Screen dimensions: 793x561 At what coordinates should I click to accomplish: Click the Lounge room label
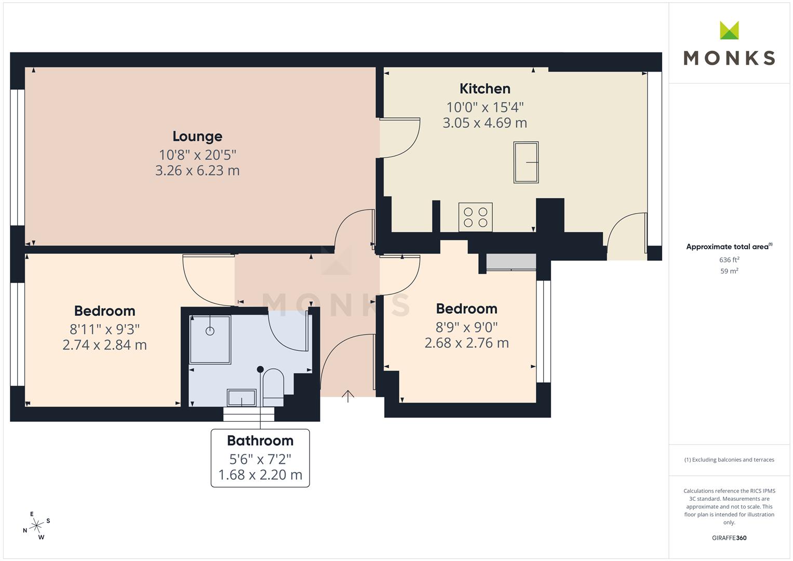point(197,137)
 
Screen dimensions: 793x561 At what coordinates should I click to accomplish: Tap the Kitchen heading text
point(485,88)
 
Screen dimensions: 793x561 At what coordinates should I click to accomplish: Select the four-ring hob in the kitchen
point(476,217)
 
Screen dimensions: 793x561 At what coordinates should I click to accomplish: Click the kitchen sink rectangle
point(526,162)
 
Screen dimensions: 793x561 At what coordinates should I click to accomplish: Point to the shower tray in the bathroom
point(210,340)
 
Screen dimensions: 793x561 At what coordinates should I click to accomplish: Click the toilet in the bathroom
point(273,388)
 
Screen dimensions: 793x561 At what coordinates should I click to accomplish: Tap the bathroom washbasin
point(241,398)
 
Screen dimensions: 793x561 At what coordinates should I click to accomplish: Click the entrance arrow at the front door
point(348,396)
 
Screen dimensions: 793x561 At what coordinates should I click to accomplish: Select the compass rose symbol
point(36,526)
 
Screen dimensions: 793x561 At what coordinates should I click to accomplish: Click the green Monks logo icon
point(729,31)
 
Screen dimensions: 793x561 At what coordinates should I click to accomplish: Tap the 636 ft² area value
point(729,260)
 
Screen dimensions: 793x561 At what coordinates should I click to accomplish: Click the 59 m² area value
point(729,271)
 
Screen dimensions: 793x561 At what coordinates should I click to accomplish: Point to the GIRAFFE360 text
point(729,538)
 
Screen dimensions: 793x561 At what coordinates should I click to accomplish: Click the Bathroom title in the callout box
point(260,440)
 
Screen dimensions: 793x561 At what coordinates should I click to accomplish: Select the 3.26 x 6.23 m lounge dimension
point(197,171)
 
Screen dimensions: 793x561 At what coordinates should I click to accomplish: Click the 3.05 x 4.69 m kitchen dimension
point(485,123)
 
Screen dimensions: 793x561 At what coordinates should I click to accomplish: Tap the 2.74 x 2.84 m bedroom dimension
point(105,345)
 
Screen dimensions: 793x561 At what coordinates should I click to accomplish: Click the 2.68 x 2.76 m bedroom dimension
point(466,343)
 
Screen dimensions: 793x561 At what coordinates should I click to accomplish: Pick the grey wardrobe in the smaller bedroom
point(511,262)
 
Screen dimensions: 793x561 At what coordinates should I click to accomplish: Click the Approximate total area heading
point(729,247)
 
